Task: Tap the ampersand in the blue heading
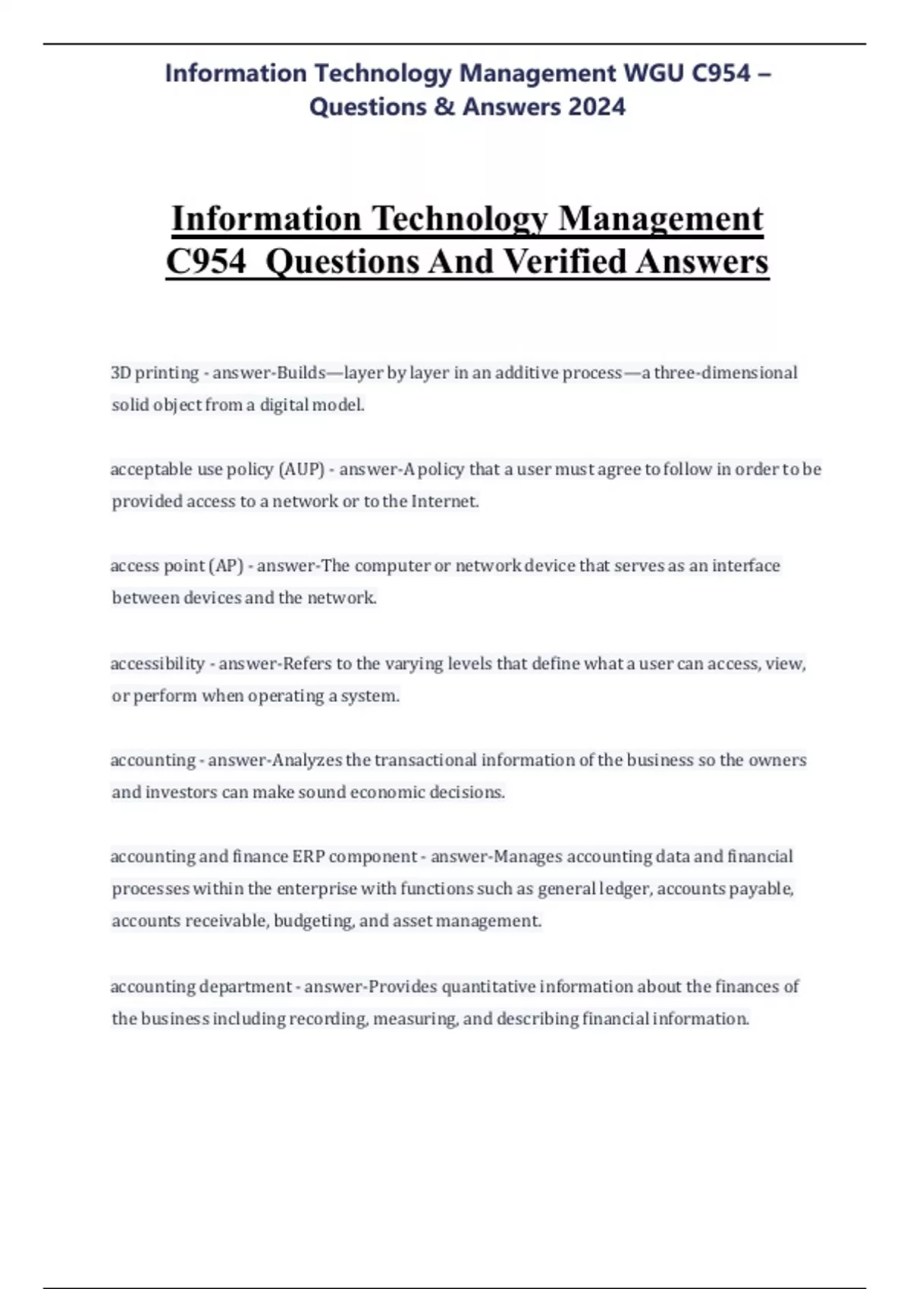(444, 106)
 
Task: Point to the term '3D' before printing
(121, 373)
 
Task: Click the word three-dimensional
(726, 373)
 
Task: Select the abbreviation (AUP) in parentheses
(302, 469)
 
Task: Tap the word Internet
(444, 501)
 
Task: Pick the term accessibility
(157, 663)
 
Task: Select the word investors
(181, 792)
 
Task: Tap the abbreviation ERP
(308, 857)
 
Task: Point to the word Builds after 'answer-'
(301, 373)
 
